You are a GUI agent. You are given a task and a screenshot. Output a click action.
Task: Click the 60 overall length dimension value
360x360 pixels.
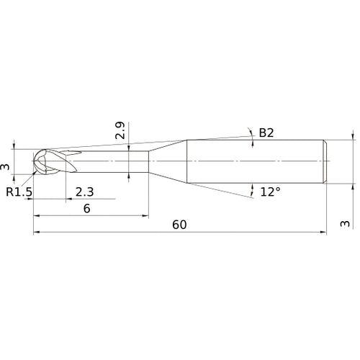[179, 225]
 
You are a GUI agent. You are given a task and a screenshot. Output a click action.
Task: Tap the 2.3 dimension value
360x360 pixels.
[84, 192]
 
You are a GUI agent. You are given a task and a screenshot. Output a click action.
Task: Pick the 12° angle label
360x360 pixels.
[270, 192]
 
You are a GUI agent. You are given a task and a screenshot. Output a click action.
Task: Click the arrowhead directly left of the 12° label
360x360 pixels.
[252, 191]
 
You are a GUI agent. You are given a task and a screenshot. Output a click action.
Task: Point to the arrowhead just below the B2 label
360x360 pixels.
[253, 143]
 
